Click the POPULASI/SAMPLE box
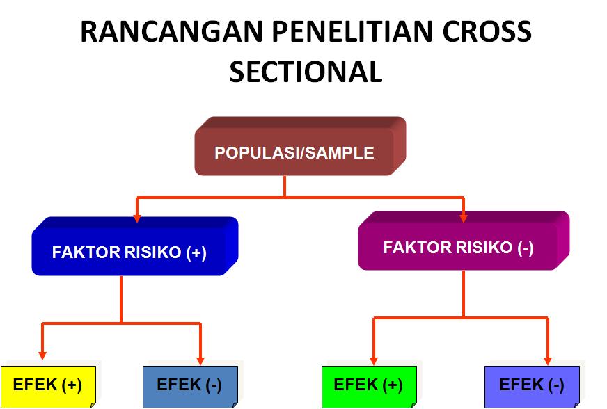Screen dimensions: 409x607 tap(294, 153)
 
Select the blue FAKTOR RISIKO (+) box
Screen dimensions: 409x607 tap(129, 252)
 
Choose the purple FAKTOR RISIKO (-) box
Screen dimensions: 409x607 tap(459, 248)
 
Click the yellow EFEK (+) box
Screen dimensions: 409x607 tap(47, 385)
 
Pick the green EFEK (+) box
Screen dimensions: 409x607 tap(368, 385)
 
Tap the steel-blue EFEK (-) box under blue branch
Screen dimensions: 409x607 tap(189, 385)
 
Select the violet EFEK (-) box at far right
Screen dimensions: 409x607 tap(532, 385)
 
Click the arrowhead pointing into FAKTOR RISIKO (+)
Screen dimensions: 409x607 tap(137, 218)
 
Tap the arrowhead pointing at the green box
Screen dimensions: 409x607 tap(374, 360)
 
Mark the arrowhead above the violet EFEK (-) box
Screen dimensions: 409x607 tap(548, 360)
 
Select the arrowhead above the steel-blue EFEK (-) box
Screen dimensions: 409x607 tap(200, 360)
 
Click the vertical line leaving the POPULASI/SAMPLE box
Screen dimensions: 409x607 tap(285, 186)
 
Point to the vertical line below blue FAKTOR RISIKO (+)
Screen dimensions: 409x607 tap(121, 299)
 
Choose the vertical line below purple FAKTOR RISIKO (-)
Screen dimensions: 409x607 tap(464, 294)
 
